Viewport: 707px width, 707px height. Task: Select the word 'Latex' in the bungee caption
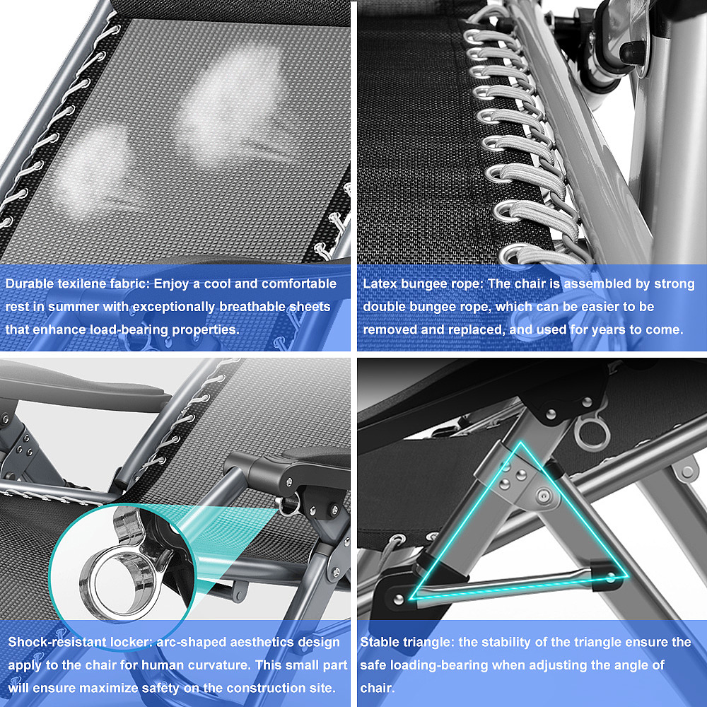pyautogui.click(x=380, y=284)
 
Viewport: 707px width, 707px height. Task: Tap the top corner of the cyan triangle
pyautogui.click(x=521, y=443)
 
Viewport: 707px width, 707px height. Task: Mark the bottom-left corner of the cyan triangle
pyautogui.click(x=411, y=598)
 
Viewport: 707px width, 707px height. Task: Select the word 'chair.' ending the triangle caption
pyautogui.click(x=378, y=688)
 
